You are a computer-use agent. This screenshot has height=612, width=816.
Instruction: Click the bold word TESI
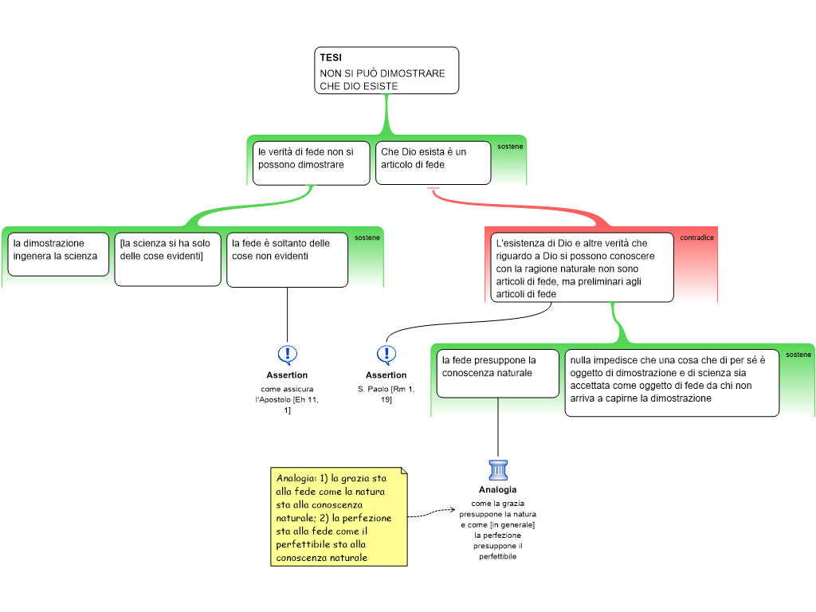click(x=331, y=58)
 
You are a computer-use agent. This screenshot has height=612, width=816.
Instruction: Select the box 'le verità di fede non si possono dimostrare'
click(x=311, y=163)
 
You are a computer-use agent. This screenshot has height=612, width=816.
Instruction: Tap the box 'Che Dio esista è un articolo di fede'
click(x=433, y=163)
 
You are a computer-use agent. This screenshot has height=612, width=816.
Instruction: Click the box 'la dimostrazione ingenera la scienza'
click(x=58, y=254)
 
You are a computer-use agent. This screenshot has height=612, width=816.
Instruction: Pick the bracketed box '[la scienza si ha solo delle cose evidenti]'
click(x=167, y=259)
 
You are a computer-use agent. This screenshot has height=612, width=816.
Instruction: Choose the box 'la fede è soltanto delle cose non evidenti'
click(x=287, y=259)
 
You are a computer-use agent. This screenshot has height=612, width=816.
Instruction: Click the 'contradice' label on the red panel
click(x=696, y=237)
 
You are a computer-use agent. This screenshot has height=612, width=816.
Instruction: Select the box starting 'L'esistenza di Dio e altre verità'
click(x=579, y=267)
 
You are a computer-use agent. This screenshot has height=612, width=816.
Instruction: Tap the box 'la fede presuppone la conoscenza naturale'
click(x=497, y=373)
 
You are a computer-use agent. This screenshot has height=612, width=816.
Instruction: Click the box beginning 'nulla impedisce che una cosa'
click(x=672, y=382)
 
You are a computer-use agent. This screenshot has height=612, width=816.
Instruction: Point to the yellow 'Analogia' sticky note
click(x=339, y=517)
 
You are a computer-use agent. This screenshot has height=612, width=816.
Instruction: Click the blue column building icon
click(x=498, y=470)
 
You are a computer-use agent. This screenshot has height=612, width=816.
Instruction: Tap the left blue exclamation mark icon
click(x=288, y=354)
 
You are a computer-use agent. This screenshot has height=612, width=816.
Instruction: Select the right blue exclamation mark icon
click(x=386, y=354)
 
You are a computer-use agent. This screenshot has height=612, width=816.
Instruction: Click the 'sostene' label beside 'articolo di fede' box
click(x=510, y=147)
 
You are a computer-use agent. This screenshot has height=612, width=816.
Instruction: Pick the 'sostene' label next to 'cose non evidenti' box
click(x=367, y=237)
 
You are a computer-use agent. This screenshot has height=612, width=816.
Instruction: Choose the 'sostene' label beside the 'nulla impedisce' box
click(x=798, y=355)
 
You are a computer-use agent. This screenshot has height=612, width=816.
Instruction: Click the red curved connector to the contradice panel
click(x=526, y=205)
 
